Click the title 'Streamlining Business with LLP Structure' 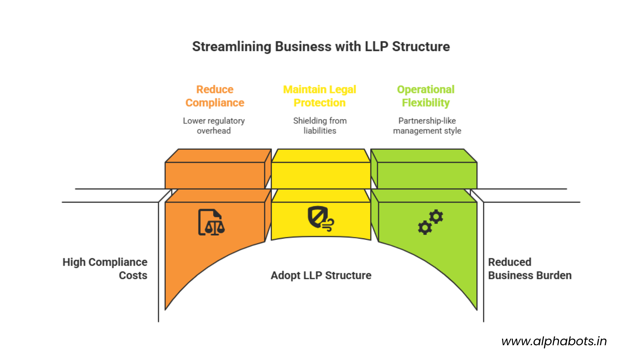tap(321, 47)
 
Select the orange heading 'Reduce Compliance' tap(215, 96)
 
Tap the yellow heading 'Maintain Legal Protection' tap(319, 96)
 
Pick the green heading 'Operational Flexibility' tap(426, 96)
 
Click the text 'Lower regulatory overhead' tap(214, 126)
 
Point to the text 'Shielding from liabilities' tap(320, 126)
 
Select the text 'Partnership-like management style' tap(427, 126)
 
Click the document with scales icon tap(211, 223)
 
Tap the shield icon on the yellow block tap(320, 218)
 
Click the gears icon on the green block tap(430, 222)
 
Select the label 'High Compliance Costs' tap(105, 268)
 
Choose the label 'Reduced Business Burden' tap(529, 268)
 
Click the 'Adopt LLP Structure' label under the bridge tap(321, 275)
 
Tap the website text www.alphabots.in tap(554, 341)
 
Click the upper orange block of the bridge tap(215, 175)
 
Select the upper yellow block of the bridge tap(321, 175)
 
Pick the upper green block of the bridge tap(427, 175)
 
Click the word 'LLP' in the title tap(376, 47)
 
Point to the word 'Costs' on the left tap(133, 276)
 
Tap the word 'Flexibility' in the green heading tap(426, 103)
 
